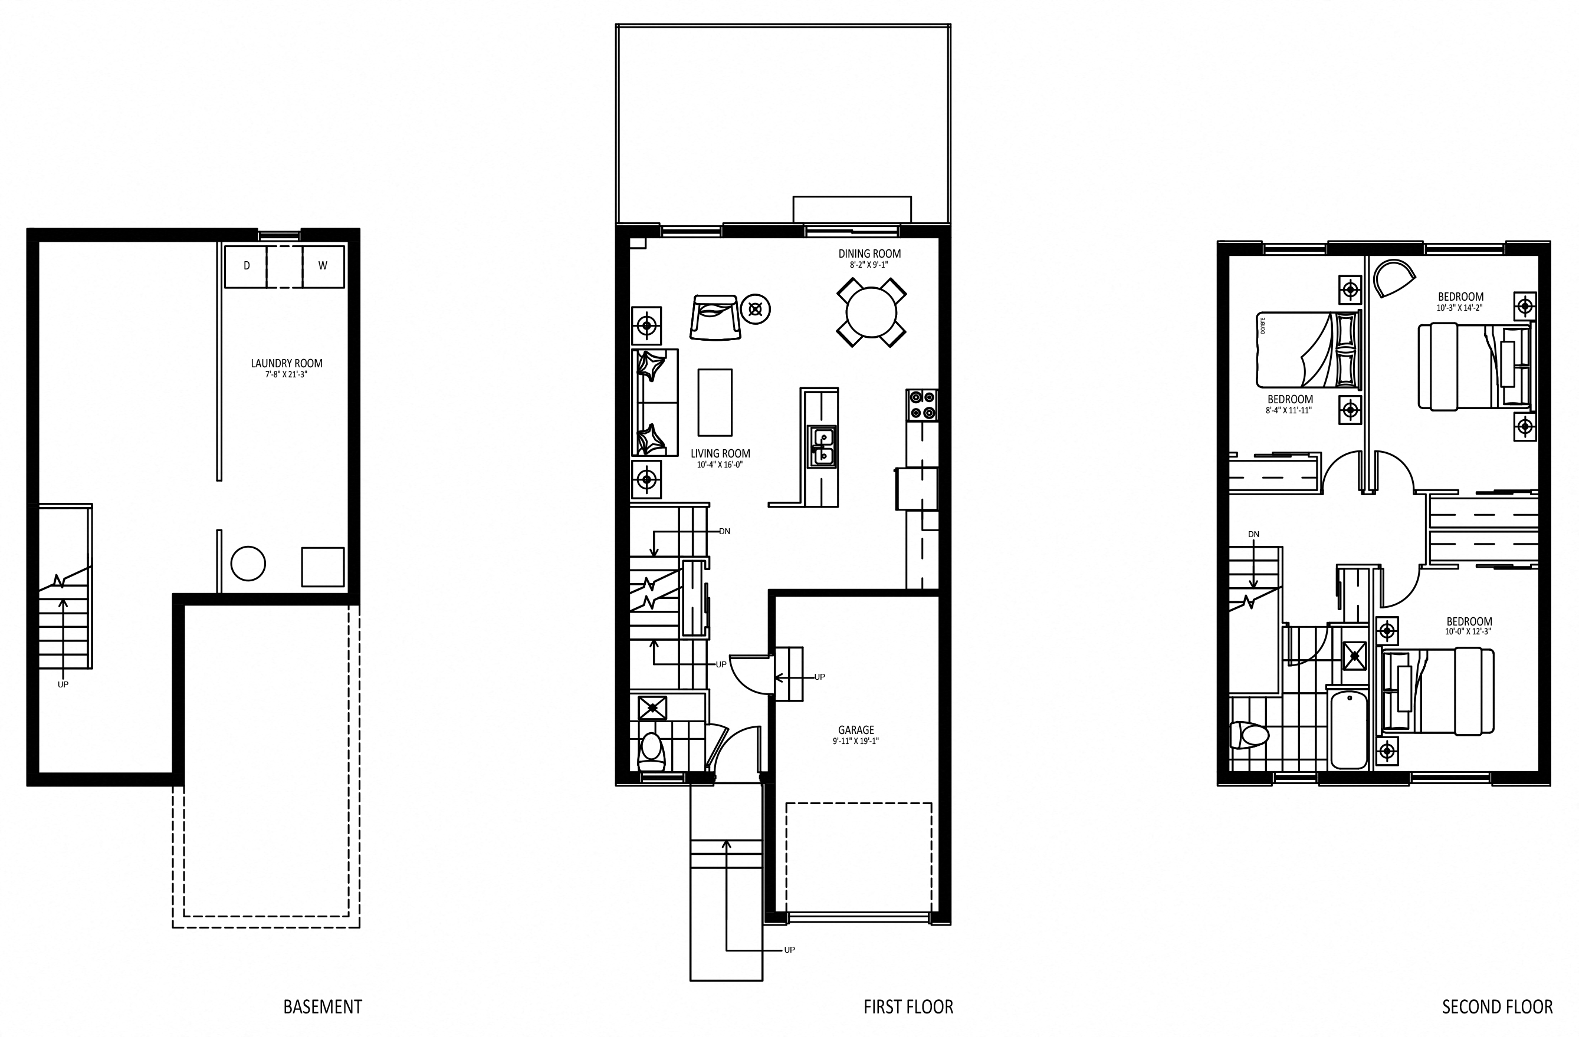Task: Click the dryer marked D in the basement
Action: point(246,266)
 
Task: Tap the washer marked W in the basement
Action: point(323,266)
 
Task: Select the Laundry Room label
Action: point(287,363)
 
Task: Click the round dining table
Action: point(871,312)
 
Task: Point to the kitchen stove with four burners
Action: point(922,404)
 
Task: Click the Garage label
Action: point(856,730)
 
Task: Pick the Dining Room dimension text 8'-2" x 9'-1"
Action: point(869,265)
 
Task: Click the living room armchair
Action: point(715,318)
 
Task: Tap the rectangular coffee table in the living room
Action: point(715,403)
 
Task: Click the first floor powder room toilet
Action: point(652,752)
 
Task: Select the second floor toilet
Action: point(1249,735)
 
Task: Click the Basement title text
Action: point(323,1006)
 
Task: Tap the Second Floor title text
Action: point(1497,1006)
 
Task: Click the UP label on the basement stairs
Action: point(63,684)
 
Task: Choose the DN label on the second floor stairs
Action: point(1253,534)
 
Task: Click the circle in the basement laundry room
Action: point(248,564)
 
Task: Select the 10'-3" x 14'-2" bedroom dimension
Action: point(1460,308)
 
